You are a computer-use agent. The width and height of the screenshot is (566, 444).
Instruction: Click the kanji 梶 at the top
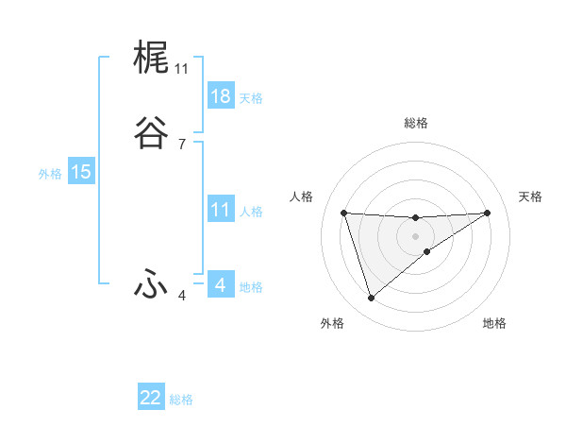(x=152, y=59)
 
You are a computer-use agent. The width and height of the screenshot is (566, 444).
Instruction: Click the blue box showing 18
(x=220, y=96)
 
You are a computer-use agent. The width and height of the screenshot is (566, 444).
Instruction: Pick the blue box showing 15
(x=80, y=172)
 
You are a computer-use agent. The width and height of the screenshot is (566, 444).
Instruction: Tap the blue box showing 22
(x=151, y=398)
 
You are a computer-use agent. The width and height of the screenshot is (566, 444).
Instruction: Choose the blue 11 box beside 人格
(x=220, y=210)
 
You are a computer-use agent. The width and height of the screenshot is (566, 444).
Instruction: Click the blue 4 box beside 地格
(x=220, y=285)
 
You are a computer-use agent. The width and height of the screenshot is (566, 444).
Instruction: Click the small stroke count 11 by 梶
(x=181, y=69)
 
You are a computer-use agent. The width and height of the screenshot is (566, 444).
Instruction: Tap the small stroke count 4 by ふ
(x=181, y=296)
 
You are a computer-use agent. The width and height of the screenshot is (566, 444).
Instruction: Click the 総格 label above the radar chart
(x=416, y=123)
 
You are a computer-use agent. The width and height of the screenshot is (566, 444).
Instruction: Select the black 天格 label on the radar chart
(x=531, y=196)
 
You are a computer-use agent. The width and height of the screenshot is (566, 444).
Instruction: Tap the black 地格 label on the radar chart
(x=494, y=323)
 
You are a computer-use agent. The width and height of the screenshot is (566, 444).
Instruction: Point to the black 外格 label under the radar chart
(x=332, y=323)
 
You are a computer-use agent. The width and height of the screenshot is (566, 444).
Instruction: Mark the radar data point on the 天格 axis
(x=488, y=213)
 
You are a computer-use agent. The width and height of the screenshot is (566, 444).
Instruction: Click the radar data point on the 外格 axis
(x=371, y=299)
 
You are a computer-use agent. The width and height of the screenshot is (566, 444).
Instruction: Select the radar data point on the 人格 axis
(x=344, y=213)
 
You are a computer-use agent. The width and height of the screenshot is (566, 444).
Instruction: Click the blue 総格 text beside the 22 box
(x=181, y=400)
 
